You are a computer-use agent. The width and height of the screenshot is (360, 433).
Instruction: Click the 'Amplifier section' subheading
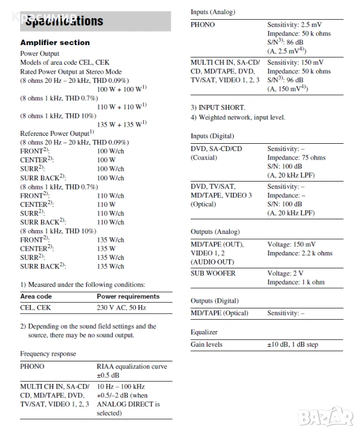[x=55, y=42]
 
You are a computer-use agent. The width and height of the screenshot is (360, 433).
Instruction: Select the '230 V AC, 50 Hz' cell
[x=121, y=308]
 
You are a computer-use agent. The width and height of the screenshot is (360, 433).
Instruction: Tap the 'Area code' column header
[x=36, y=296]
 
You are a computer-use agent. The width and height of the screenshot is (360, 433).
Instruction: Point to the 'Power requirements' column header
[x=128, y=296]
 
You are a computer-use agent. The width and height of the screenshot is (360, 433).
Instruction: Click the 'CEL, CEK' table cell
[x=35, y=308]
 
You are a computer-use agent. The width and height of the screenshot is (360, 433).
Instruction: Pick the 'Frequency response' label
[x=48, y=354]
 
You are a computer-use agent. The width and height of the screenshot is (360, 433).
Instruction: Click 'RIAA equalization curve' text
[x=132, y=366]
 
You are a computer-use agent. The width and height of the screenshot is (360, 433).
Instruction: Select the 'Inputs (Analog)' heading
[x=212, y=12]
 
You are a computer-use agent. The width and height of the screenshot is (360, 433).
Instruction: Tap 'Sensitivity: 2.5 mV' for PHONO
[x=295, y=25]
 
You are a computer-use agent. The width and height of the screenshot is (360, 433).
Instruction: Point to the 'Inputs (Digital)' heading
[x=212, y=136]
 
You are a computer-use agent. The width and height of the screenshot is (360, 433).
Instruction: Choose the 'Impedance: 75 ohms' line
[x=296, y=158]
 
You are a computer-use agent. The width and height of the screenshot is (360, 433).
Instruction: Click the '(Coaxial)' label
[x=203, y=158]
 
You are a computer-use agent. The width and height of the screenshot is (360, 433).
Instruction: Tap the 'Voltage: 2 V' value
[x=286, y=273]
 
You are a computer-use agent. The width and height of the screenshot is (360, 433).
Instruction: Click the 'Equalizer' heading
[x=203, y=332]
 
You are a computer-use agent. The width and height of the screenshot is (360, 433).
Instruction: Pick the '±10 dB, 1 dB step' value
[x=292, y=344]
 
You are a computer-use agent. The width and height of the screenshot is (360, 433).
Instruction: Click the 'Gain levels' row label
[x=206, y=344]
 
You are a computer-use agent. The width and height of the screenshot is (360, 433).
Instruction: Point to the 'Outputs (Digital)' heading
[x=214, y=301]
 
